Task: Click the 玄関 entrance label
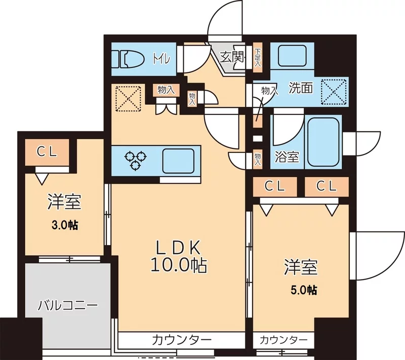(232, 57)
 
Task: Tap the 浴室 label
(286, 157)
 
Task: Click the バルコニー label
(68, 305)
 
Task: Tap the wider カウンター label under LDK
(181, 339)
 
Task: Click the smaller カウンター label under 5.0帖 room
(283, 339)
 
